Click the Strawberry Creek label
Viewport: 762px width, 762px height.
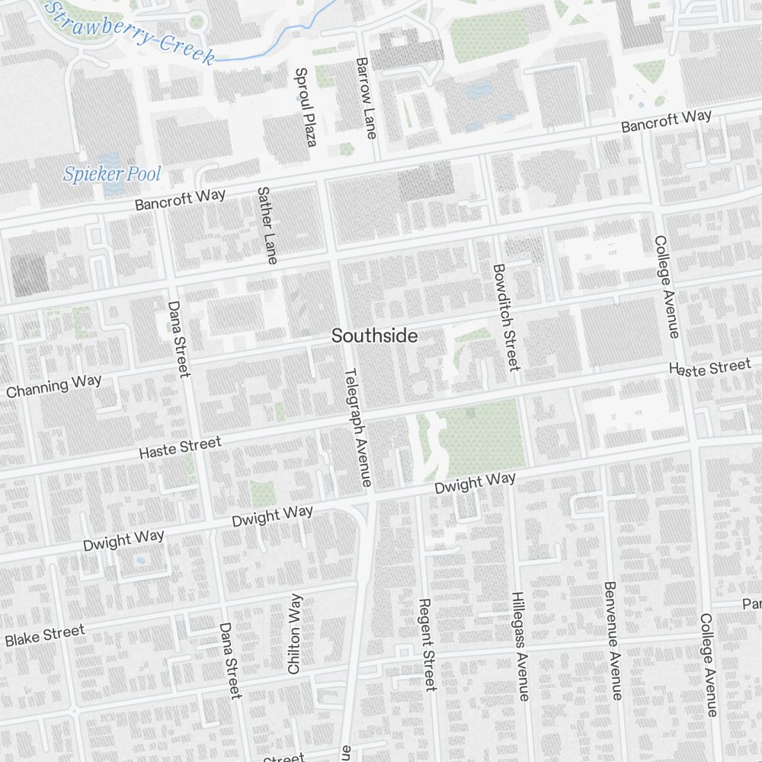130,32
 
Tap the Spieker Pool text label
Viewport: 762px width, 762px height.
112,174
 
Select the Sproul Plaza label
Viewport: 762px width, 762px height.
305,107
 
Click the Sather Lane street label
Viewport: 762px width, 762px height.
266,226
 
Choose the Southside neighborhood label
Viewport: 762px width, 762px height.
374,336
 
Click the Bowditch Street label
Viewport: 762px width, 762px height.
505,317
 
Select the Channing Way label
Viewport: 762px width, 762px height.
53,386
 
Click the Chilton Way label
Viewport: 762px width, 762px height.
294,633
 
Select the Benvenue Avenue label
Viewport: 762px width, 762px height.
612,640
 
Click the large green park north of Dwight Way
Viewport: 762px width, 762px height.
480,434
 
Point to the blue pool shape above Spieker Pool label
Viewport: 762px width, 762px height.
110,162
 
